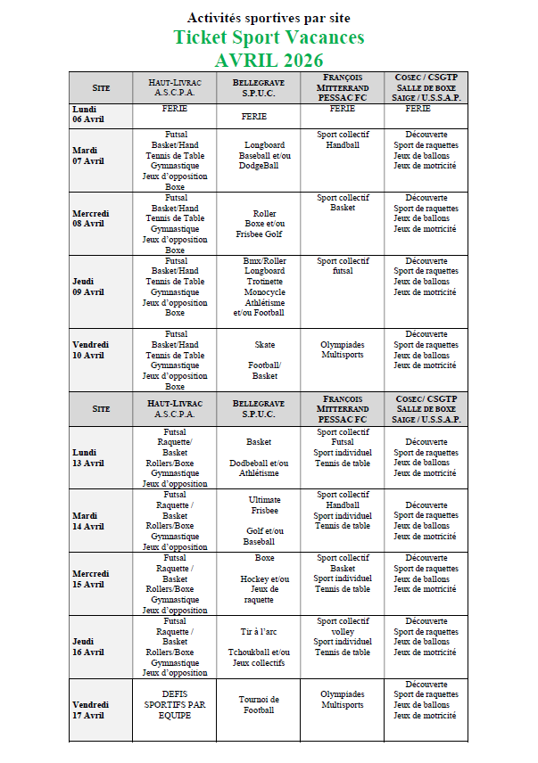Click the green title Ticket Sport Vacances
pyautogui.click(x=269, y=37)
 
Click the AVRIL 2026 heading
pyautogui.click(x=269, y=61)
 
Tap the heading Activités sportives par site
pyautogui.click(x=269, y=18)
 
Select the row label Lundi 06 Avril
pyautogui.click(x=89, y=114)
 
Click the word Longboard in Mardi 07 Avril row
pyautogui.click(x=264, y=145)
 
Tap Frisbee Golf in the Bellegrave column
pyautogui.click(x=258, y=234)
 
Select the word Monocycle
pyautogui.click(x=264, y=291)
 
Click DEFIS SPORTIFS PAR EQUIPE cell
pyautogui.click(x=175, y=704)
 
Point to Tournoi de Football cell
pyautogui.click(x=259, y=704)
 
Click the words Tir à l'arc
pyautogui.click(x=259, y=631)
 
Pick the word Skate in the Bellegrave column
pyautogui.click(x=265, y=344)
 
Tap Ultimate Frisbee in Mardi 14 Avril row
pyautogui.click(x=265, y=505)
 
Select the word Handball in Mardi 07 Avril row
pyautogui.click(x=343, y=145)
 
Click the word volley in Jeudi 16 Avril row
pyautogui.click(x=343, y=631)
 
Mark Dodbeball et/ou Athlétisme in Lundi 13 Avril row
pyautogui.click(x=259, y=468)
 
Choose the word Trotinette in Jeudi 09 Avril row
pyautogui.click(x=264, y=281)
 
